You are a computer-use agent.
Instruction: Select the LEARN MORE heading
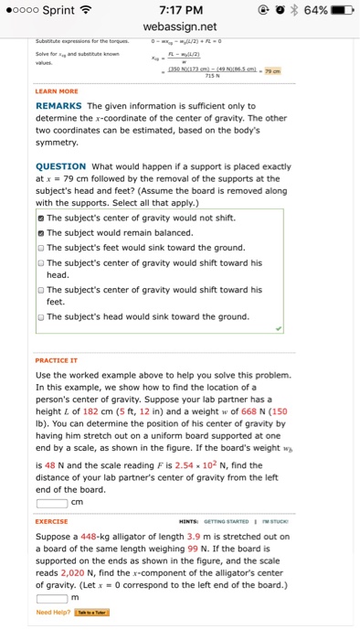(57, 91)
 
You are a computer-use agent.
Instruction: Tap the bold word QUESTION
(61, 166)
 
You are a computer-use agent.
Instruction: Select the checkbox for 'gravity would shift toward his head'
(40, 262)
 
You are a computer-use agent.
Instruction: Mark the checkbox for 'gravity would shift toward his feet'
(40, 290)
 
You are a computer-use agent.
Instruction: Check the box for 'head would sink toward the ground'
(40, 317)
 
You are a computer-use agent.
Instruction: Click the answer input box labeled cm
(51, 500)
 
